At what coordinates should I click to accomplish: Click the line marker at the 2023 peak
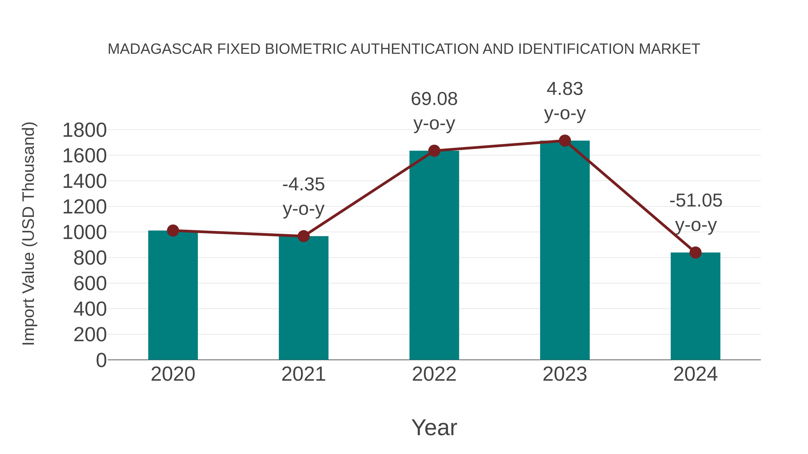[565, 141]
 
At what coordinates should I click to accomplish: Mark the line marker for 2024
[695, 252]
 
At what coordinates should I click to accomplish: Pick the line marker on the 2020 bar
[173, 231]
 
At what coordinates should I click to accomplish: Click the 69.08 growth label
[434, 99]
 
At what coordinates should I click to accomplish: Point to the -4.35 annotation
[303, 184]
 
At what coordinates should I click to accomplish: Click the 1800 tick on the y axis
[84, 130]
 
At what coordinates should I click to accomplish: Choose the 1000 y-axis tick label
[84, 233]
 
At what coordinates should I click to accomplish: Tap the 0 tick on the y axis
[101, 360]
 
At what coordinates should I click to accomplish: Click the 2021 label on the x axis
[303, 374]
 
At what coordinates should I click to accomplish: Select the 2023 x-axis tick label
[565, 374]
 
